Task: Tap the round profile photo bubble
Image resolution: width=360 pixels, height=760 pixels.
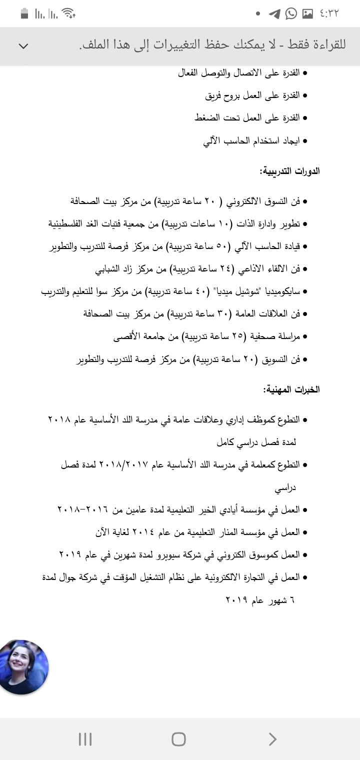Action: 23,666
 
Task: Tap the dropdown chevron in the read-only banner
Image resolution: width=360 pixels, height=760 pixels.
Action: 23,46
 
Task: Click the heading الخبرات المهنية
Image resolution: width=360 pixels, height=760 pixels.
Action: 291,389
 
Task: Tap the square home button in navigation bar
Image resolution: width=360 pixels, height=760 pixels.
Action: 178,739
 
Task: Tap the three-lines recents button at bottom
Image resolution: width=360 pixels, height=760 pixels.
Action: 85,739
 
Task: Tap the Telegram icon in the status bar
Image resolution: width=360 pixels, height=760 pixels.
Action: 274,14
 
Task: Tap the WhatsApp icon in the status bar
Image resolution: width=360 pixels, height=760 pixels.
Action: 291,14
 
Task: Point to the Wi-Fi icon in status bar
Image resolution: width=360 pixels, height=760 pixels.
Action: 69,14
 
